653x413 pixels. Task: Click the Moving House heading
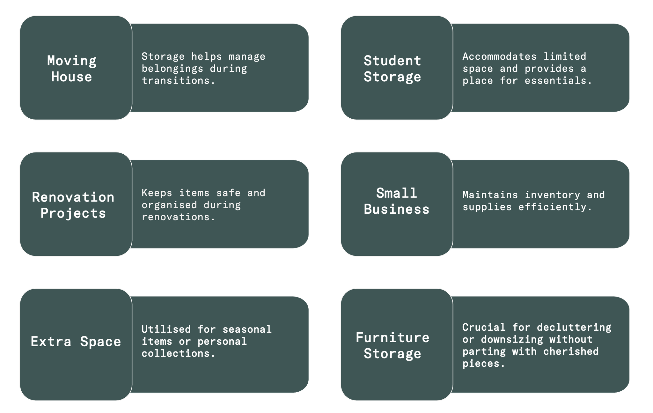pyautogui.click(x=72, y=69)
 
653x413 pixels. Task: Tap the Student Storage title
pyautogui.click(x=393, y=69)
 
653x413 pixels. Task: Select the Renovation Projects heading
pyautogui.click(x=73, y=205)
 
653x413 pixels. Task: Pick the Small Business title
pyautogui.click(x=396, y=201)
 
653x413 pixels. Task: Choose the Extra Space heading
pyautogui.click(x=76, y=342)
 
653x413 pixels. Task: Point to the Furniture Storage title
pyautogui.click(x=393, y=345)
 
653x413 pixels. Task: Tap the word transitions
pyautogui.click(x=175, y=81)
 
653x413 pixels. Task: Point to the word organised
pyautogui.click(x=169, y=205)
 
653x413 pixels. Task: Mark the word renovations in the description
pyautogui.click(x=175, y=217)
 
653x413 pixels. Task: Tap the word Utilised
pyautogui.click(x=166, y=329)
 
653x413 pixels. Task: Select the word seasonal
pyautogui.click(x=247, y=329)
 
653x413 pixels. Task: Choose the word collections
pyautogui.click(x=175, y=354)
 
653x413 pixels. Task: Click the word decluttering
pyautogui.click(x=574, y=327)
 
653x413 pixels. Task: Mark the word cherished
pyautogui.click(x=571, y=352)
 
